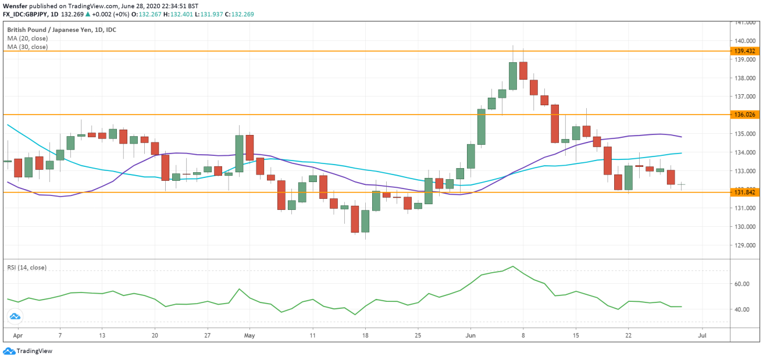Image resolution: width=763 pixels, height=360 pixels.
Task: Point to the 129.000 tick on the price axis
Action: [745, 245]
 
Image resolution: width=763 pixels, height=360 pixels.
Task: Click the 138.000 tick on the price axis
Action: [745, 78]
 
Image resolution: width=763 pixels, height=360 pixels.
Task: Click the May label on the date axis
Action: [249, 336]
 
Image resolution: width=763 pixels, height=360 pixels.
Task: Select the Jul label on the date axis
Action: [702, 336]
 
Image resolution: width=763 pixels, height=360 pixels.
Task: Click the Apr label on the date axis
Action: [17, 336]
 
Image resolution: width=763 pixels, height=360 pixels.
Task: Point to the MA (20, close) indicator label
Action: [27, 38]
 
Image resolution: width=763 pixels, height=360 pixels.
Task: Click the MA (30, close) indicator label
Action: [27, 47]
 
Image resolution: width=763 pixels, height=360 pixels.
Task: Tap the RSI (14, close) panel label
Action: [27, 268]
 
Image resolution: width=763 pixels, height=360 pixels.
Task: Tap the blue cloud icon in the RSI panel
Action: [15, 316]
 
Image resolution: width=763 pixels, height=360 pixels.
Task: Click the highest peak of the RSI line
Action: [512, 266]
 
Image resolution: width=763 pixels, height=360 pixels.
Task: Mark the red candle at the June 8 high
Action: [523, 70]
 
